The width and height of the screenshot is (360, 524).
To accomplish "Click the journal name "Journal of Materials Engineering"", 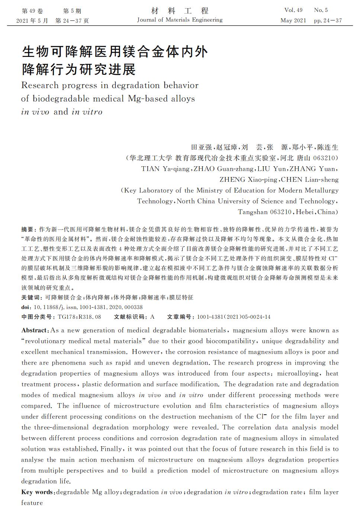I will tap(180, 20).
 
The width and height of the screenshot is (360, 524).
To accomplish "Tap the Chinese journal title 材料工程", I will tap(180, 11).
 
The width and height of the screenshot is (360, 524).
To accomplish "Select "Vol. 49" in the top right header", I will tap(293, 10).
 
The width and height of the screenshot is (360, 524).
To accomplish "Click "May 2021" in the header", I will tap(293, 20).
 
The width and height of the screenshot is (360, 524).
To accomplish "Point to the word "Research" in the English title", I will tap(40, 86).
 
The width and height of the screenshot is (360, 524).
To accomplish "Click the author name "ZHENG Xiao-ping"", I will tap(248, 180).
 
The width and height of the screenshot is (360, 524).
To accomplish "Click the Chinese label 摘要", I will tap(27, 229).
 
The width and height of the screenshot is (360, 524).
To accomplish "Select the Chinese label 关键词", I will tap(30, 298).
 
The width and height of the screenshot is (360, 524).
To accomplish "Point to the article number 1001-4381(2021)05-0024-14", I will tap(234, 317).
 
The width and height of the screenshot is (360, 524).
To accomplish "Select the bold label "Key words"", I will tap(37, 492).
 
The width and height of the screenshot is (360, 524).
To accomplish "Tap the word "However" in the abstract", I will tap(146, 352).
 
